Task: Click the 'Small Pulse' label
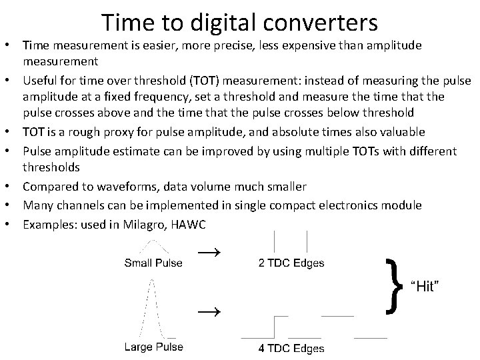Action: (x=153, y=263)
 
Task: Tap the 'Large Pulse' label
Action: (x=153, y=347)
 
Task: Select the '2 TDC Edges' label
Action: (x=291, y=263)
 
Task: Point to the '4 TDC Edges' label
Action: (x=291, y=348)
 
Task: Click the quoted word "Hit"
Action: (x=427, y=286)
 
